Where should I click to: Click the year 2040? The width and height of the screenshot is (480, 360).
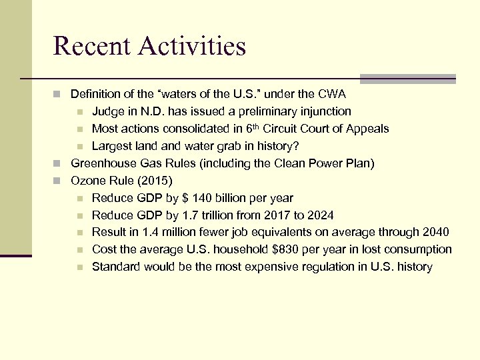pyautogui.click(x=435, y=232)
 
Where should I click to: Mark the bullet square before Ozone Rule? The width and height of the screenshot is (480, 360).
pyautogui.click(x=58, y=181)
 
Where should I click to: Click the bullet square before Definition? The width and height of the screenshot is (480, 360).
pyautogui.click(x=58, y=94)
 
